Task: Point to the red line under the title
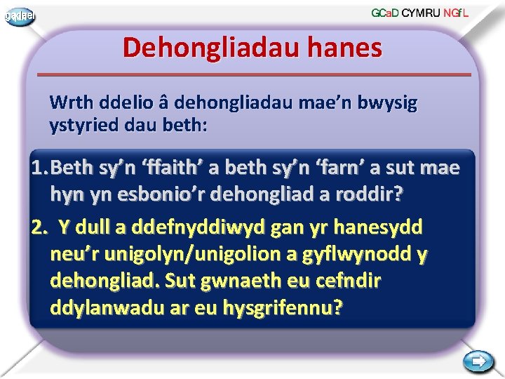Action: pyautogui.click(x=253, y=74)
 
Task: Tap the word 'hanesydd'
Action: pyautogui.click(x=387, y=227)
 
